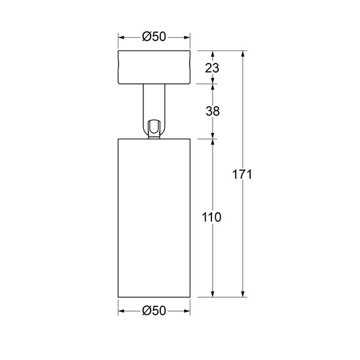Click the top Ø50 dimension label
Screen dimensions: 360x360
pyautogui.click(x=154, y=37)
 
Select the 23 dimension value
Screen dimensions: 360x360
pyautogui.click(x=211, y=67)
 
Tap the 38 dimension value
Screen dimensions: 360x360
pyautogui.click(x=211, y=111)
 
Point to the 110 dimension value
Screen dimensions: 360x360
pyautogui.click(x=211, y=217)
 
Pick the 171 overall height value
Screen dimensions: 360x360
pyautogui.click(x=243, y=175)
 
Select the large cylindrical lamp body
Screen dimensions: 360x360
pyautogui.click(x=154, y=217)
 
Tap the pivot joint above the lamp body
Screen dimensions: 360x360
pyautogui.click(x=154, y=128)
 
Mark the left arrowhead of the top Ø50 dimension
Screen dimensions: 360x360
pyautogui.click(x=120, y=37)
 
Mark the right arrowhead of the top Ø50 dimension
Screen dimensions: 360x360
pyautogui.click(x=190, y=37)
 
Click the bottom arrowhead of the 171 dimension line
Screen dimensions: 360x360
pyautogui.click(x=243, y=294)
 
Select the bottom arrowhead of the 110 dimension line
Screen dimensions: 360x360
pyautogui.click(x=213, y=294)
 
